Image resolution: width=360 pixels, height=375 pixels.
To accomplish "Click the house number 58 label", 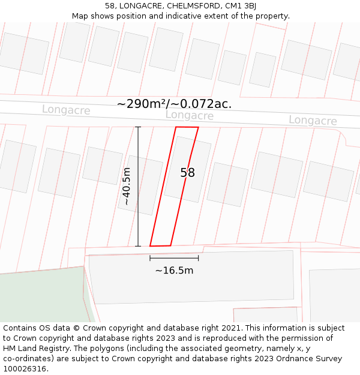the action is tap(188, 173).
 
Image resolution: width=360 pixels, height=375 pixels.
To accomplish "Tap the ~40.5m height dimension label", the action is tap(127, 187).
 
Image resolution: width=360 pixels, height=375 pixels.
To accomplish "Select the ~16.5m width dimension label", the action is tap(174, 271).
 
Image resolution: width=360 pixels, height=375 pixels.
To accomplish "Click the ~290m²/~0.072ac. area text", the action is tap(174, 104).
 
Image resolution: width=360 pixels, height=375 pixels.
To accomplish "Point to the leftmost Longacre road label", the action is tap(66, 110).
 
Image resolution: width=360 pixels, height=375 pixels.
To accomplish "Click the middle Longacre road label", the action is tap(190, 115).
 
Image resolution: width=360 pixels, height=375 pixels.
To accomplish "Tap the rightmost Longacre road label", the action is tap(313, 121).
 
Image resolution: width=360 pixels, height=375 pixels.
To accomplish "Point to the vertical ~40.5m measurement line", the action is tap(138, 187).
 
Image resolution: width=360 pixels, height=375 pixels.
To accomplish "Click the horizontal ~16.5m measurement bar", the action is tap(174, 258).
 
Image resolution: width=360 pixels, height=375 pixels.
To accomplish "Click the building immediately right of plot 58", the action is tap(227, 184).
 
